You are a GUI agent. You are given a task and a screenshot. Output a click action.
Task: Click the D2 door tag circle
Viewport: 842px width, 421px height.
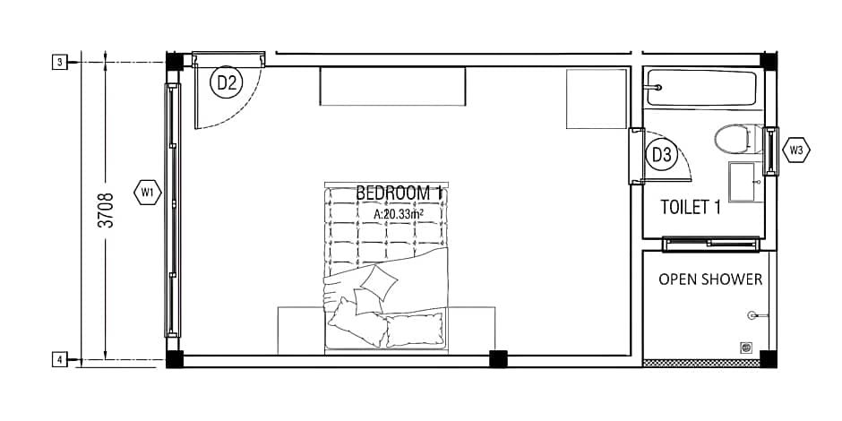click(227, 82)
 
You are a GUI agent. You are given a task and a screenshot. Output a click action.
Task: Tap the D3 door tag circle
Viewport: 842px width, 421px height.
click(661, 155)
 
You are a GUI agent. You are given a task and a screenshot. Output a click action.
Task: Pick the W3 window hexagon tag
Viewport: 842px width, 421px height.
click(796, 150)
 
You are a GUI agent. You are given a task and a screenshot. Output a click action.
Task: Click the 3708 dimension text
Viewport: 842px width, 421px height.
click(107, 210)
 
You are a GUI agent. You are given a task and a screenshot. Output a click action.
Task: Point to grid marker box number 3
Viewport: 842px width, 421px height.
click(60, 63)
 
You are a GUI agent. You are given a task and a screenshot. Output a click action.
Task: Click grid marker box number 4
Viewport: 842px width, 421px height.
click(60, 358)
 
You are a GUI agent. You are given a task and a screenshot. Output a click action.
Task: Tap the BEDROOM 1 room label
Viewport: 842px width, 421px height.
click(400, 193)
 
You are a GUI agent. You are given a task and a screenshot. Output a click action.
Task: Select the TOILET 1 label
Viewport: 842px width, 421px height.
click(690, 207)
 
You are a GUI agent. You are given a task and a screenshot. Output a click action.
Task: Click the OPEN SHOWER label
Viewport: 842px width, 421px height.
click(710, 279)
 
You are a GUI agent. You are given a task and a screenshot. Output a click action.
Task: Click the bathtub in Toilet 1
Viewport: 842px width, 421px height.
click(702, 88)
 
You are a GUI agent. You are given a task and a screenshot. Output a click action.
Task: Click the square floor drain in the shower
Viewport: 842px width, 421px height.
click(745, 348)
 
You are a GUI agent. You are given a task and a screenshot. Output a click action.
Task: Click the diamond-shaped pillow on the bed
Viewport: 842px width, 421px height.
click(379, 282)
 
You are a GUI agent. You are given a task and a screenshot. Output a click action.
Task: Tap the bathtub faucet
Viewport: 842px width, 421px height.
click(654, 87)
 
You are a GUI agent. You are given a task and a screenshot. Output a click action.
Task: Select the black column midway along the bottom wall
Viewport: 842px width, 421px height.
click(498, 358)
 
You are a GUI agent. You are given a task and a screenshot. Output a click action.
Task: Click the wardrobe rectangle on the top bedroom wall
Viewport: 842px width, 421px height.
click(392, 86)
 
